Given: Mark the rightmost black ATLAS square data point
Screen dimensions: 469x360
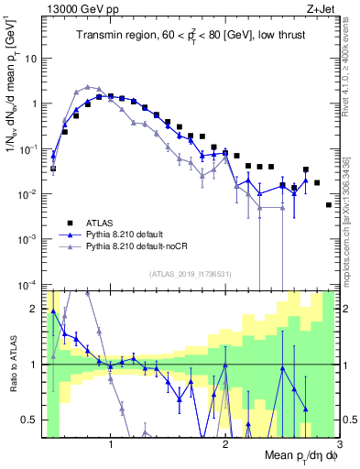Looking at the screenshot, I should (329, 204).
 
